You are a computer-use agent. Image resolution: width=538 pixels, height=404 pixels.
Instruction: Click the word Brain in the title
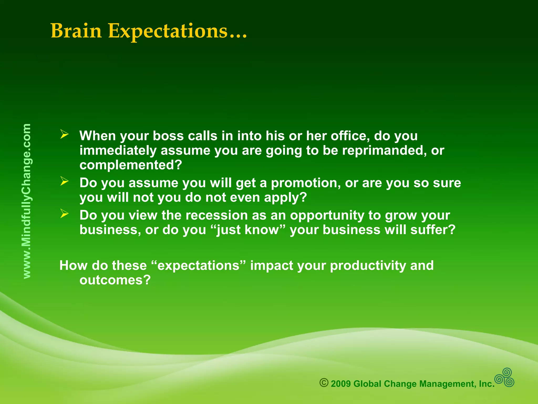pos(76,31)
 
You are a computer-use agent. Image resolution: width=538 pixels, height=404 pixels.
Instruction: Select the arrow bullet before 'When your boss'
pos(64,134)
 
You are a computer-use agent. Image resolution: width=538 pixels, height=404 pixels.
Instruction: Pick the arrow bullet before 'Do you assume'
pos(64,181)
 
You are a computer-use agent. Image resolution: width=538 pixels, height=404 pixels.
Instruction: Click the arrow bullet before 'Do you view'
pos(64,213)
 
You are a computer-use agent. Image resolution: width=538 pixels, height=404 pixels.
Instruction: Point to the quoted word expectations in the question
pos(199,266)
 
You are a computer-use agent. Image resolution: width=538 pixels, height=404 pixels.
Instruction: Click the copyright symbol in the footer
pos(324,383)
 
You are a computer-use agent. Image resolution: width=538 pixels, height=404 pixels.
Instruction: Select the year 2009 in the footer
pos(341,384)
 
